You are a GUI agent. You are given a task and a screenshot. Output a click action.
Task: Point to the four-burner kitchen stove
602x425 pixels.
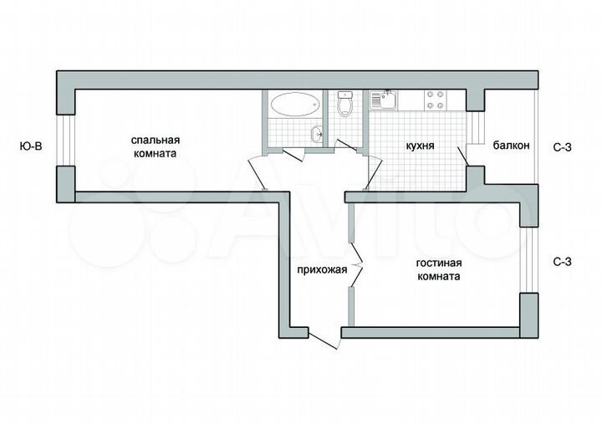436,100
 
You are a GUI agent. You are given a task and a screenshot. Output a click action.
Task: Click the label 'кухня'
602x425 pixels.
419,145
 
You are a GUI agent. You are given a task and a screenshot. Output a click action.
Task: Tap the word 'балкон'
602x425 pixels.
510,146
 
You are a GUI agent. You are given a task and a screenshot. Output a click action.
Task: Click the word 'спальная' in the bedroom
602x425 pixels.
156,141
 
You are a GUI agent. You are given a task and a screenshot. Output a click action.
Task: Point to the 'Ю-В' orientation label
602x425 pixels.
31,146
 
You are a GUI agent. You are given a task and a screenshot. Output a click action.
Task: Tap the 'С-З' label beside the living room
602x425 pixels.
563,262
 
